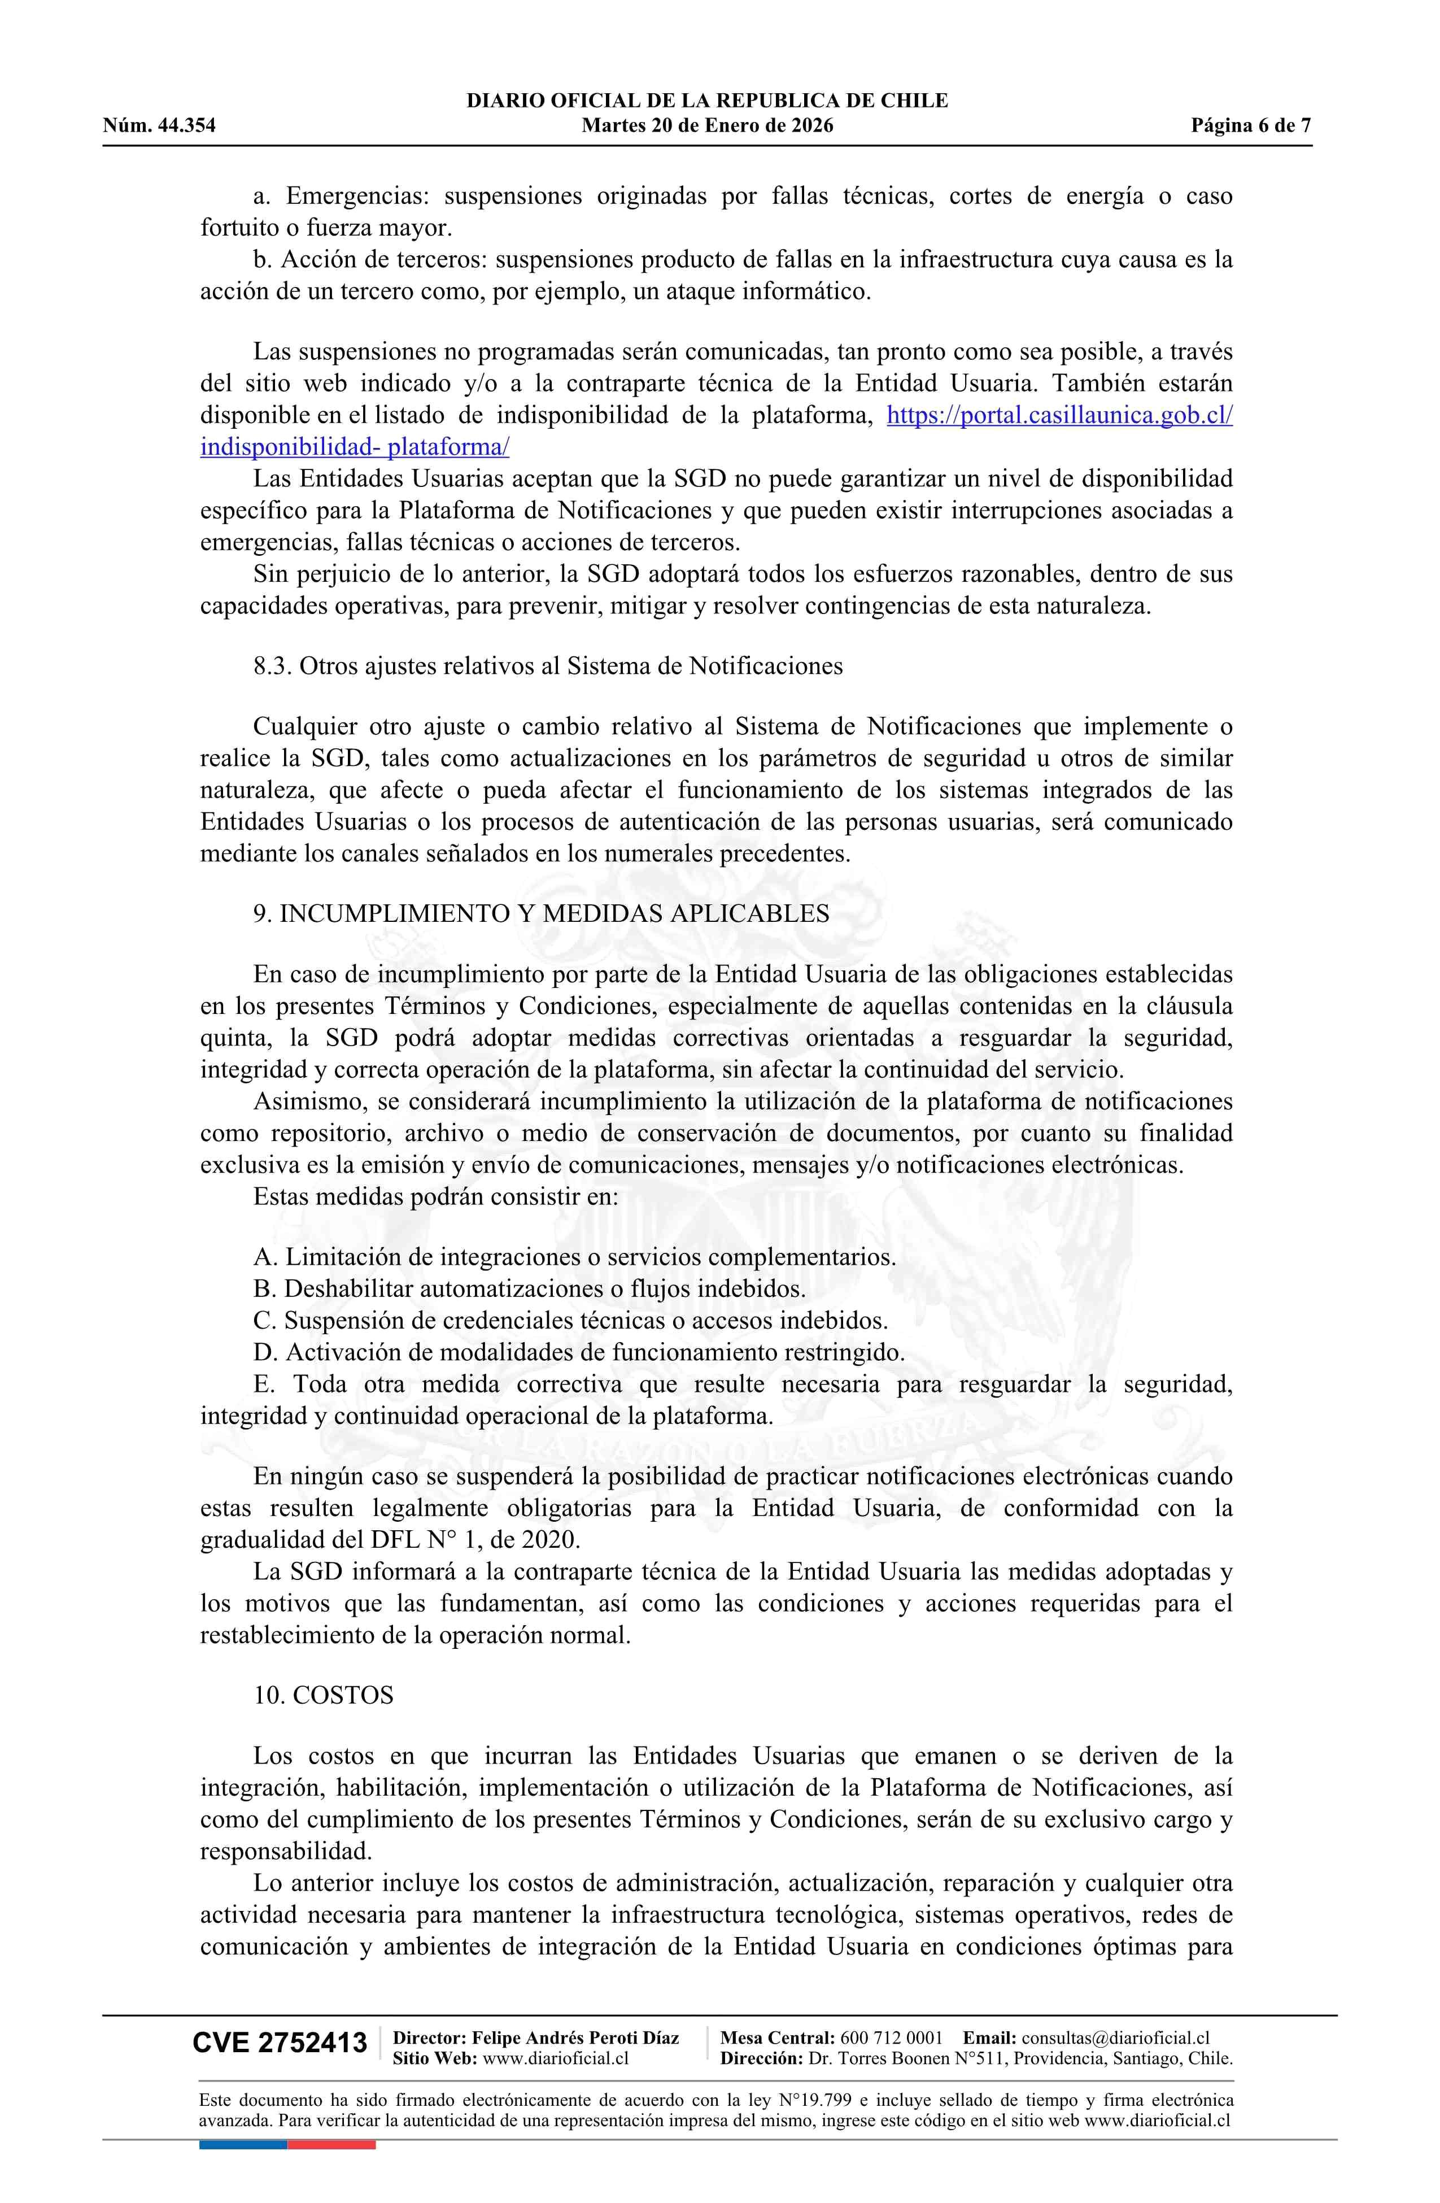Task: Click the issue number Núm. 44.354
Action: (159, 126)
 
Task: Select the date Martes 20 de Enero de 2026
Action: (707, 126)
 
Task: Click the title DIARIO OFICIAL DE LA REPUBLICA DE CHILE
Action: (707, 101)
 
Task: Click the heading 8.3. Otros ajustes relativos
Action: (548, 667)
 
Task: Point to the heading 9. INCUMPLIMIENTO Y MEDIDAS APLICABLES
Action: (542, 913)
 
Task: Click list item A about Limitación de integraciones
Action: (574, 1257)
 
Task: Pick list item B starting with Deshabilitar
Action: (529, 1288)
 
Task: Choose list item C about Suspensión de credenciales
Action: (570, 1321)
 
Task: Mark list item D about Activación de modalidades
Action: (578, 1352)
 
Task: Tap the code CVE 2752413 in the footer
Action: (280, 2043)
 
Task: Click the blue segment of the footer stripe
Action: (242, 2144)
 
